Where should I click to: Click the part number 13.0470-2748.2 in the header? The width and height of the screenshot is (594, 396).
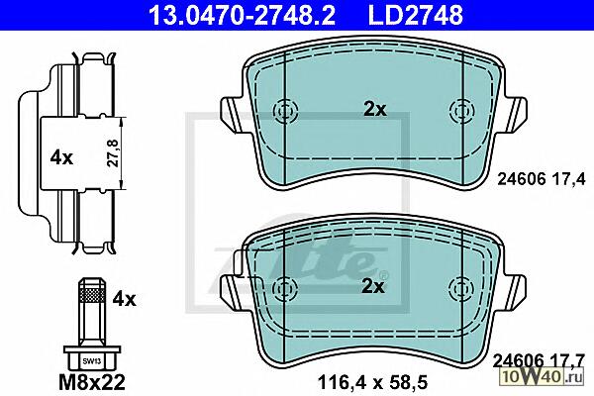pyautogui.click(x=242, y=16)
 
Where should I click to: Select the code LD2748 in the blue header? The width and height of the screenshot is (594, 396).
pyautogui.click(x=415, y=16)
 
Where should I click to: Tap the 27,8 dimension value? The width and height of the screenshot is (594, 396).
pyautogui.click(x=113, y=153)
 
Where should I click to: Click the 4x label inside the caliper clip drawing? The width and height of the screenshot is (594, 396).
pyautogui.click(x=61, y=157)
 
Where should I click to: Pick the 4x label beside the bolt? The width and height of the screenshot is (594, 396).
pyautogui.click(x=124, y=299)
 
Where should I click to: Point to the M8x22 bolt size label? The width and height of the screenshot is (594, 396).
pyautogui.click(x=92, y=382)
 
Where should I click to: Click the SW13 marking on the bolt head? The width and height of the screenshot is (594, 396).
pyautogui.click(x=92, y=361)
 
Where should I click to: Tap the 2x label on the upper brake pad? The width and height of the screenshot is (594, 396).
pyautogui.click(x=375, y=110)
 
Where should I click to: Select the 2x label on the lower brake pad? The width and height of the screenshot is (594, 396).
pyautogui.click(x=373, y=287)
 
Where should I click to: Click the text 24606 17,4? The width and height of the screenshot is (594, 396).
pyautogui.click(x=542, y=178)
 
